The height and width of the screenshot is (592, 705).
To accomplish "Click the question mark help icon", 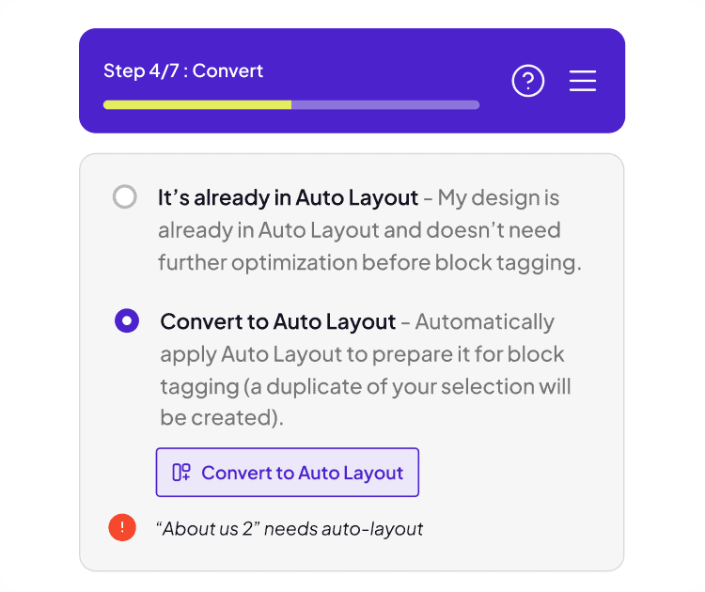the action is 528,81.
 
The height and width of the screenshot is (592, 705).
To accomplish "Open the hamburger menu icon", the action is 583,81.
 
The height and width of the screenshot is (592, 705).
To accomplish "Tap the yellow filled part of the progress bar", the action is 197,104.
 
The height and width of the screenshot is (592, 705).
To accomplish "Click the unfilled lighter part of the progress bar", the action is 385,104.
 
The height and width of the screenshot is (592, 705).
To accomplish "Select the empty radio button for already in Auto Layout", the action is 124,197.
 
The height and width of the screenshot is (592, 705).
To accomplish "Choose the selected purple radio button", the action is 127,320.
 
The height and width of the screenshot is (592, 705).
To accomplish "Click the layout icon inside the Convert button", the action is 181,472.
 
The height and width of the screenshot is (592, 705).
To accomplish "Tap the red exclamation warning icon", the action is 122,527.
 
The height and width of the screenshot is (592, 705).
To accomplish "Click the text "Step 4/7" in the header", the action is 141,71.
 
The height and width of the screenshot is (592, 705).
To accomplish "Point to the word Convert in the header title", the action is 227,71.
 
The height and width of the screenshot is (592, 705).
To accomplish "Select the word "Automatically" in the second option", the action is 485,322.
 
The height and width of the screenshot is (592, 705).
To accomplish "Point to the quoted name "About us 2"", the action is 208,529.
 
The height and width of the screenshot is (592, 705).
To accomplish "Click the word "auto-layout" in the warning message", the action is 372,529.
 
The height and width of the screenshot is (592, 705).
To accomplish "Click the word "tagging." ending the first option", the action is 539,263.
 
